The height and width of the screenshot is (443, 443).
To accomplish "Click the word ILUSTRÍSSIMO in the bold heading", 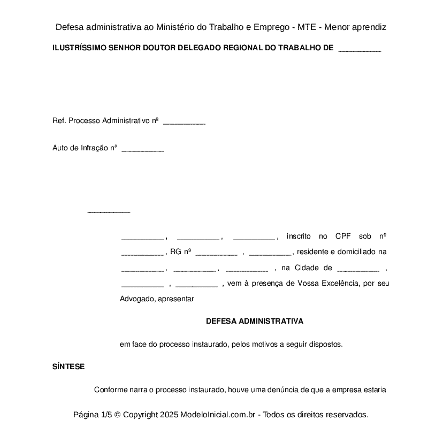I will pyautogui.click(x=79, y=48).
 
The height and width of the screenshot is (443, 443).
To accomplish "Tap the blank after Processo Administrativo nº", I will pyautogui.click(x=184, y=122).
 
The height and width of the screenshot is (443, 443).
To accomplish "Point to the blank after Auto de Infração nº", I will pyautogui.click(x=142, y=150).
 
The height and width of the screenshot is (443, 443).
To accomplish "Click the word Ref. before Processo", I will pyautogui.click(x=59, y=121).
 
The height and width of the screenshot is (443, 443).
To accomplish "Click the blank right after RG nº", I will pyautogui.click(x=216, y=253).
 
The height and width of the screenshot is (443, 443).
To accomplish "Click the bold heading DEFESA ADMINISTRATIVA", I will pyautogui.click(x=255, y=322).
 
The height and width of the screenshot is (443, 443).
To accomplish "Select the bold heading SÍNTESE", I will pyautogui.click(x=68, y=367).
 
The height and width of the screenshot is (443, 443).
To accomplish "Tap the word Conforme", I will pyautogui.click(x=111, y=390).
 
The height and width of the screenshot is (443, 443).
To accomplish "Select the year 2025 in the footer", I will pyautogui.click(x=169, y=415).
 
